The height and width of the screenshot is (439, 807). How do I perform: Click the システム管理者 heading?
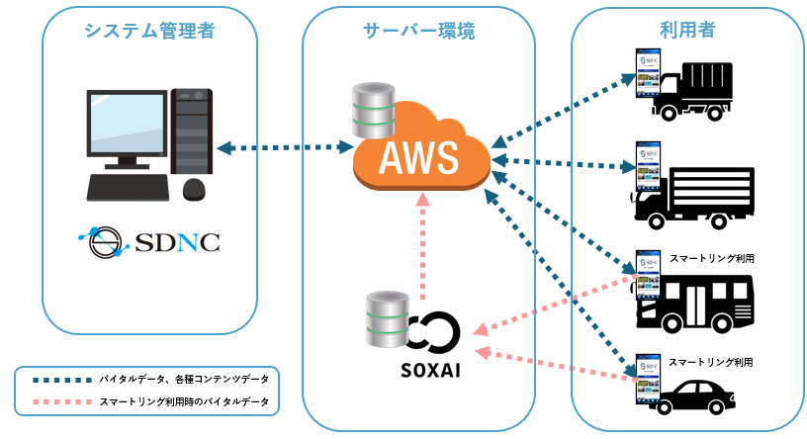[x=149, y=31]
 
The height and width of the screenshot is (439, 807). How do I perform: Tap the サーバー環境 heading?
[x=418, y=31]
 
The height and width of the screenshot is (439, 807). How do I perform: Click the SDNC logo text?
[x=148, y=242]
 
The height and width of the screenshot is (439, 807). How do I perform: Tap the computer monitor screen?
[x=126, y=125]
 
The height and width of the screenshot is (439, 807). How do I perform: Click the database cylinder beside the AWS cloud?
[x=374, y=113]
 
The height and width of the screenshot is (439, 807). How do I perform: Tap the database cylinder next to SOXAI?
[x=386, y=318]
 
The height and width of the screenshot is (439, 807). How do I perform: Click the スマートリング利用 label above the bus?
[x=712, y=258]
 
